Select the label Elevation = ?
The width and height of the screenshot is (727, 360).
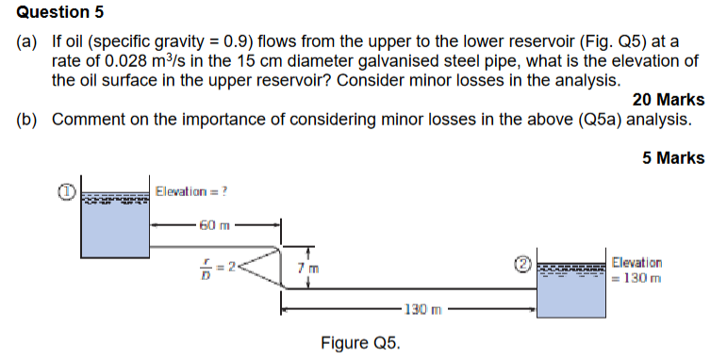[193, 191]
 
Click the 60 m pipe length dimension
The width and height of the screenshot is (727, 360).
[214, 226]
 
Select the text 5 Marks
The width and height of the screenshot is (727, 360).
[673, 158]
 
